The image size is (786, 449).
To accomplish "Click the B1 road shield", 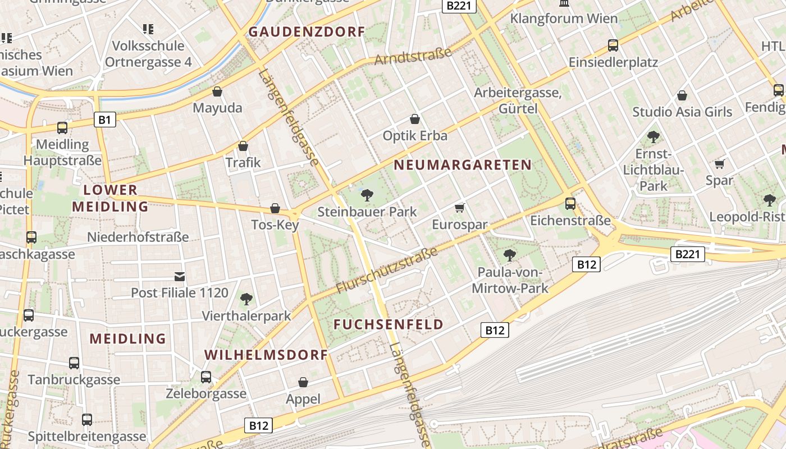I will point(106,119).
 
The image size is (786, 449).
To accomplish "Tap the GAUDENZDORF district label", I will point(307,31).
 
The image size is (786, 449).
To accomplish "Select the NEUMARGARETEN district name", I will point(463,164).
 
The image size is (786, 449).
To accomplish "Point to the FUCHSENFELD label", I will point(389,324).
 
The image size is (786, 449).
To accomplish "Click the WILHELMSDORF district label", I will point(266,355).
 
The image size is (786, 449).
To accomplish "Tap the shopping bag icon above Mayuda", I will point(217,91).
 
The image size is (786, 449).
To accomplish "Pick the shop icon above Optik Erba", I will point(415,119).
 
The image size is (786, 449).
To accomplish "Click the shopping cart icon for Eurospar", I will point(459,208).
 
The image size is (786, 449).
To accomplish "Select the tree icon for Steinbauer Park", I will point(367,195).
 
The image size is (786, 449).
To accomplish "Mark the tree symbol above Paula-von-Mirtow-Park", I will point(510,255).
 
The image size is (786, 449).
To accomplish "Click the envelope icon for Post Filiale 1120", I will point(180,276).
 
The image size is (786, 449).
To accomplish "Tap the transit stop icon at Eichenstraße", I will point(570,203).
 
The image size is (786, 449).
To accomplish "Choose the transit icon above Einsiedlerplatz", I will point(613,45).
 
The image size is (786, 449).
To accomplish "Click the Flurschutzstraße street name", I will point(387,271).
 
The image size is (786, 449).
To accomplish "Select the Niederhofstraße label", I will point(138,237).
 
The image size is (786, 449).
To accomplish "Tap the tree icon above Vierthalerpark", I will point(246,299).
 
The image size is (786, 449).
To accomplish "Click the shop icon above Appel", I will point(303,382).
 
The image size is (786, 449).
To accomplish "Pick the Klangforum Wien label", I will point(564,18).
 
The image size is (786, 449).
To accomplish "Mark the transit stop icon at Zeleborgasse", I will point(206,377).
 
